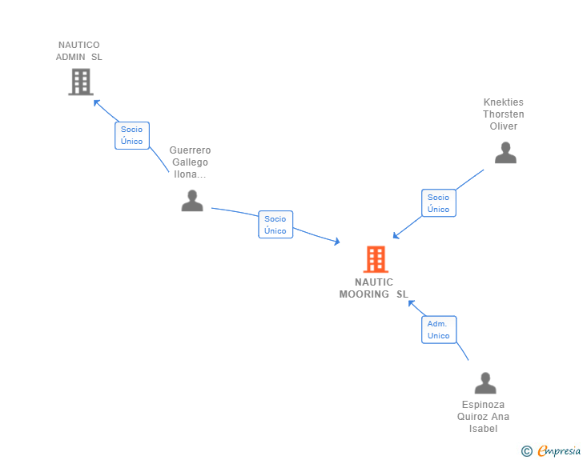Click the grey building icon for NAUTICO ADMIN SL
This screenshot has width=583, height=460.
click(x=80, y=82)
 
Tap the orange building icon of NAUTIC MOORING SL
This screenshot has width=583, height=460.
click(x=376, y=259)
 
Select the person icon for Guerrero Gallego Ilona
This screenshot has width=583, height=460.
click(x=192, y=200)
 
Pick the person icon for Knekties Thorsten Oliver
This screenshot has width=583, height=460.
click(x=505, y=152)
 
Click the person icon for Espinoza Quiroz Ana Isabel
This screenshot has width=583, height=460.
click(x=485, y=383)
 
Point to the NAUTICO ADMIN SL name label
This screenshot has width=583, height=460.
click(x=79, y=51)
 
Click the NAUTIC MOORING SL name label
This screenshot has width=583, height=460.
click(x=374, y=288)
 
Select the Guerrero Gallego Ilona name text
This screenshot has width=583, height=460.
click(x=191, y=162)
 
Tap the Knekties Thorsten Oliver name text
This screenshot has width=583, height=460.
click(x=504, y=114)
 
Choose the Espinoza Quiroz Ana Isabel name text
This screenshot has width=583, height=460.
click(x=484, y=417)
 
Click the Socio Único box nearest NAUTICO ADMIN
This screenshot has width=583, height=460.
click(x=132, y=135)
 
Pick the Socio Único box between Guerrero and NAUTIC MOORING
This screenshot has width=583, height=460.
click(x=275, y=225)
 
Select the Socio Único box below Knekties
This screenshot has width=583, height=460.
click(x=438, y=203)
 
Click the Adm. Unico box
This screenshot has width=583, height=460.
click(x=438, y=330)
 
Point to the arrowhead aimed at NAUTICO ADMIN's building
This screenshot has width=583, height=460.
click(x=96, y=102)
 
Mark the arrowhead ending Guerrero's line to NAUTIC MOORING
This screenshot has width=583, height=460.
click(x=337, y=241)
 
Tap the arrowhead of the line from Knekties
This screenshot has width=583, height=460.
click(x=396, y=236)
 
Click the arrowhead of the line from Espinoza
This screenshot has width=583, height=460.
click(x=411, y=302)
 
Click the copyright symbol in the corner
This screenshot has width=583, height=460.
click(x=526, y=451)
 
